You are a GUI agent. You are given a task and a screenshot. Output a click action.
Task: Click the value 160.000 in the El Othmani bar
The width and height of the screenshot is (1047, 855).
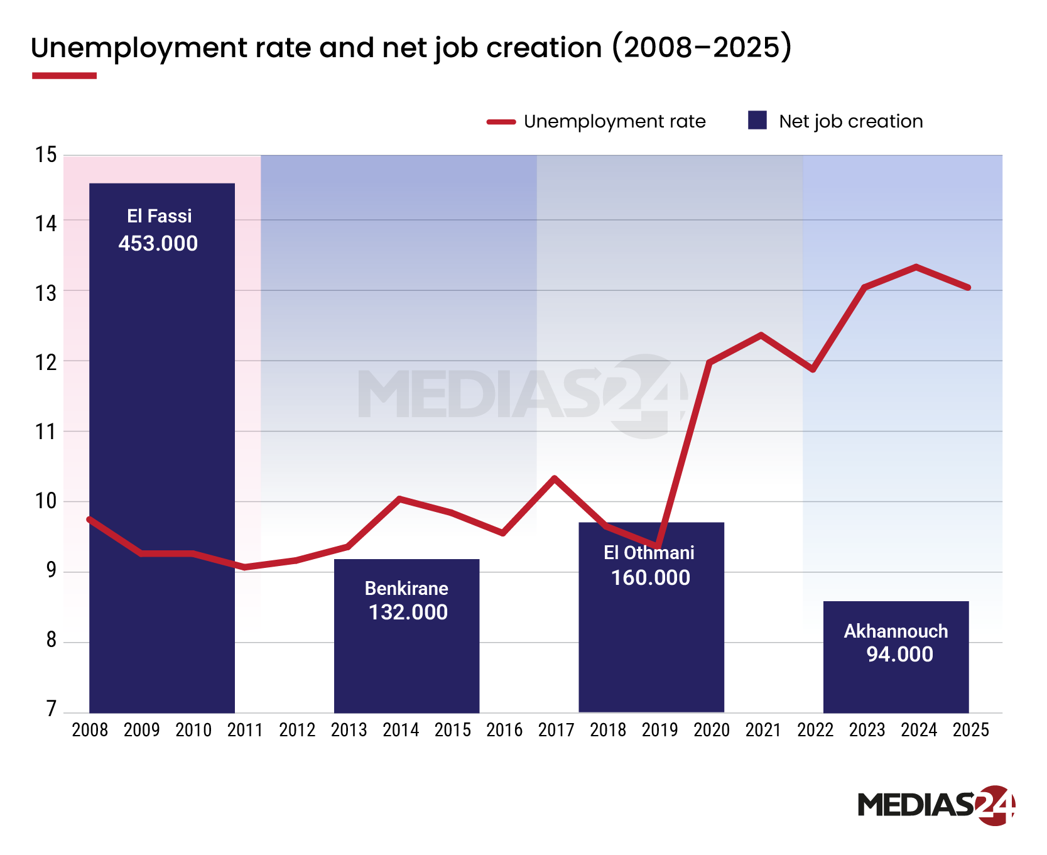tap(651, 578)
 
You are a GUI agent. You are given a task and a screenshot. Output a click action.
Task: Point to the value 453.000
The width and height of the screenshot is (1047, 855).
tap(158, 244)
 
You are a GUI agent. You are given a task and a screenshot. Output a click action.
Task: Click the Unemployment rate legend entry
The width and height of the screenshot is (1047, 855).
tap(597, 121)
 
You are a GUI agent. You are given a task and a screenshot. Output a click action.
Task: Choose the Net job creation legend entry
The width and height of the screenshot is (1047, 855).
tap(835, 121)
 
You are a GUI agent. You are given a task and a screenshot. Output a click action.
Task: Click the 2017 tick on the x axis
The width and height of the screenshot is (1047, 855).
tap(556, 730)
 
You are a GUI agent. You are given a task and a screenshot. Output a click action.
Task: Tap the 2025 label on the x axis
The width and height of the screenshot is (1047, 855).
tap(970, 730)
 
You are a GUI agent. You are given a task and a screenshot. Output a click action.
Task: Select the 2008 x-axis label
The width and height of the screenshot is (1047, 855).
tap(90, 730)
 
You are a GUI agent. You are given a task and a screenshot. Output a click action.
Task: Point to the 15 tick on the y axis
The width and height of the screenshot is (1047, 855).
tap(46, 155)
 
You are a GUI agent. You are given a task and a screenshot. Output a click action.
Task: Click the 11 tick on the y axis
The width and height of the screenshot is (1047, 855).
tap(46, 432)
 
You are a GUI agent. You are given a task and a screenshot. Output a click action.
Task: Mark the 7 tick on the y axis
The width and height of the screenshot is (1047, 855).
tap(51, 709)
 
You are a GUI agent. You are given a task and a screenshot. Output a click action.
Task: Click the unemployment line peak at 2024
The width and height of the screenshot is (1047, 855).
tap(916, 266)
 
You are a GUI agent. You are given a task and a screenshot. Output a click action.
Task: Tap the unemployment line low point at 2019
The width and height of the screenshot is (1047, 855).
tap(657, 546)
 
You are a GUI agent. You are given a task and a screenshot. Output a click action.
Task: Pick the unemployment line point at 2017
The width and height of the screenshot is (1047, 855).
tap(554, 478)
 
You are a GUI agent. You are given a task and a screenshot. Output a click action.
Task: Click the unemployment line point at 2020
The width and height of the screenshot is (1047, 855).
tap(709, 362)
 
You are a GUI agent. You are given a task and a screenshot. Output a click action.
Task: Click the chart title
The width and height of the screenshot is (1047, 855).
tap(411, 48)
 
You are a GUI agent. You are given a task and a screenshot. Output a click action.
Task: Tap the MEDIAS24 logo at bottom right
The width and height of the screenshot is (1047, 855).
tap(936, 805)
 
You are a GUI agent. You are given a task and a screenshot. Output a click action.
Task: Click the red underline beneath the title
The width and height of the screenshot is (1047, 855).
tap(64, 76)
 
